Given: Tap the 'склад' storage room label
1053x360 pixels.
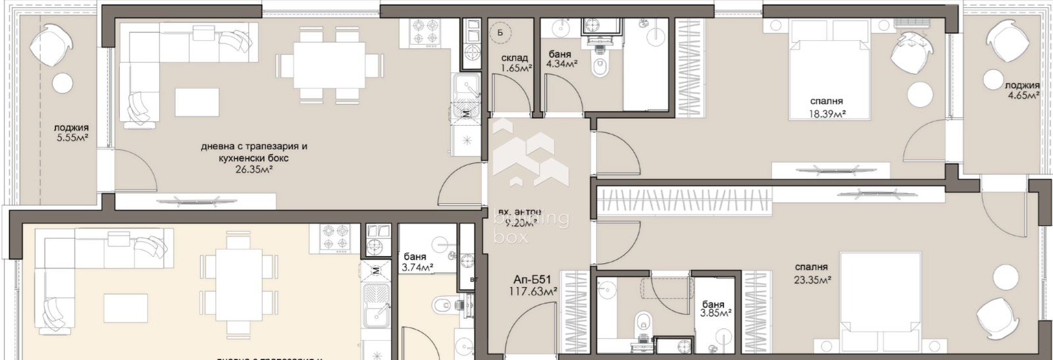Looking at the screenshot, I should coord(515,59).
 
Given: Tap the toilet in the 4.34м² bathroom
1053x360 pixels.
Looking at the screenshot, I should coord(600,66).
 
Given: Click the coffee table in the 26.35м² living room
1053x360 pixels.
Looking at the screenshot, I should coord(197,102).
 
